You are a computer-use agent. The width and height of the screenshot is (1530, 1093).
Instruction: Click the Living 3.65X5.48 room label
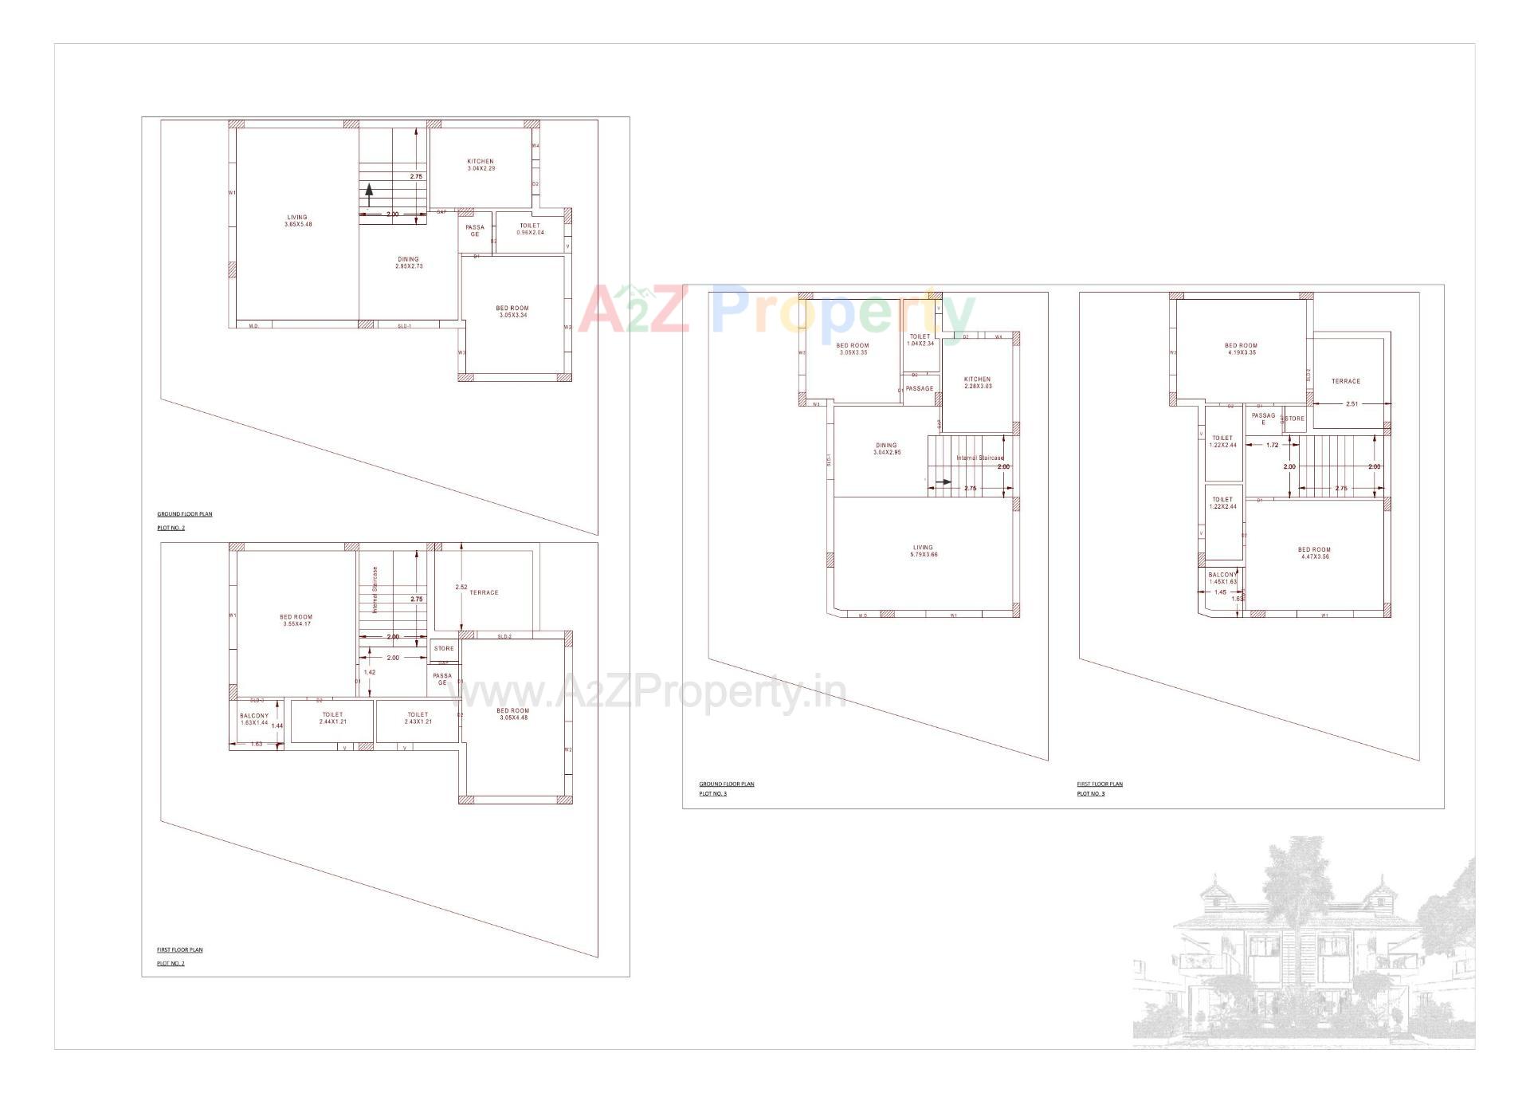297,221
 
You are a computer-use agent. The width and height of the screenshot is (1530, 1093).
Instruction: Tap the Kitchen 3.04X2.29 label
481,165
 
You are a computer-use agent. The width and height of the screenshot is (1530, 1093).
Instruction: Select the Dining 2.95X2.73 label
408,262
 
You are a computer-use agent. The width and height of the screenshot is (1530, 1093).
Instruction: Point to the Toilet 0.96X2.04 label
530,229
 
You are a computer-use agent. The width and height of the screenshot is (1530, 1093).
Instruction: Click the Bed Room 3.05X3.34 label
512,312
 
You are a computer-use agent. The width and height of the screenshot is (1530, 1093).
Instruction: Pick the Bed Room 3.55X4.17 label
296,620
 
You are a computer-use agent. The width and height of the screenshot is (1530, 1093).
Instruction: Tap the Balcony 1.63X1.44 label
254,719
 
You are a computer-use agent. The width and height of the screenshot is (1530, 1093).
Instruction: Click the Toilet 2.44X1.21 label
332,718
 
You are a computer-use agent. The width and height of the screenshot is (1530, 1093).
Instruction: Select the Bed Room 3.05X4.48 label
512,714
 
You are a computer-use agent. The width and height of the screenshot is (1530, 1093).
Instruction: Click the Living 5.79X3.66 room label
923,551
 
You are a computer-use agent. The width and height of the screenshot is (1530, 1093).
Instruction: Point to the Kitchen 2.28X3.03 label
977,383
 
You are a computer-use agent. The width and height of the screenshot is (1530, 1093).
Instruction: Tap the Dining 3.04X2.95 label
886,449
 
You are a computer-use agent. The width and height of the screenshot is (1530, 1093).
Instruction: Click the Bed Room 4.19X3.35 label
1241,348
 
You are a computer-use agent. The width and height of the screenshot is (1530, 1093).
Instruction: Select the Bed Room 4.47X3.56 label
1314,552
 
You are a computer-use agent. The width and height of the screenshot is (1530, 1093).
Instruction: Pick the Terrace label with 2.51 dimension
1346,381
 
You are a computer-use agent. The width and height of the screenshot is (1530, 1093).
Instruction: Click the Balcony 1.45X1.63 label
1222,577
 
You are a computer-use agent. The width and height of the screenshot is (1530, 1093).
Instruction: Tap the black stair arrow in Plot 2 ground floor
369,191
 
